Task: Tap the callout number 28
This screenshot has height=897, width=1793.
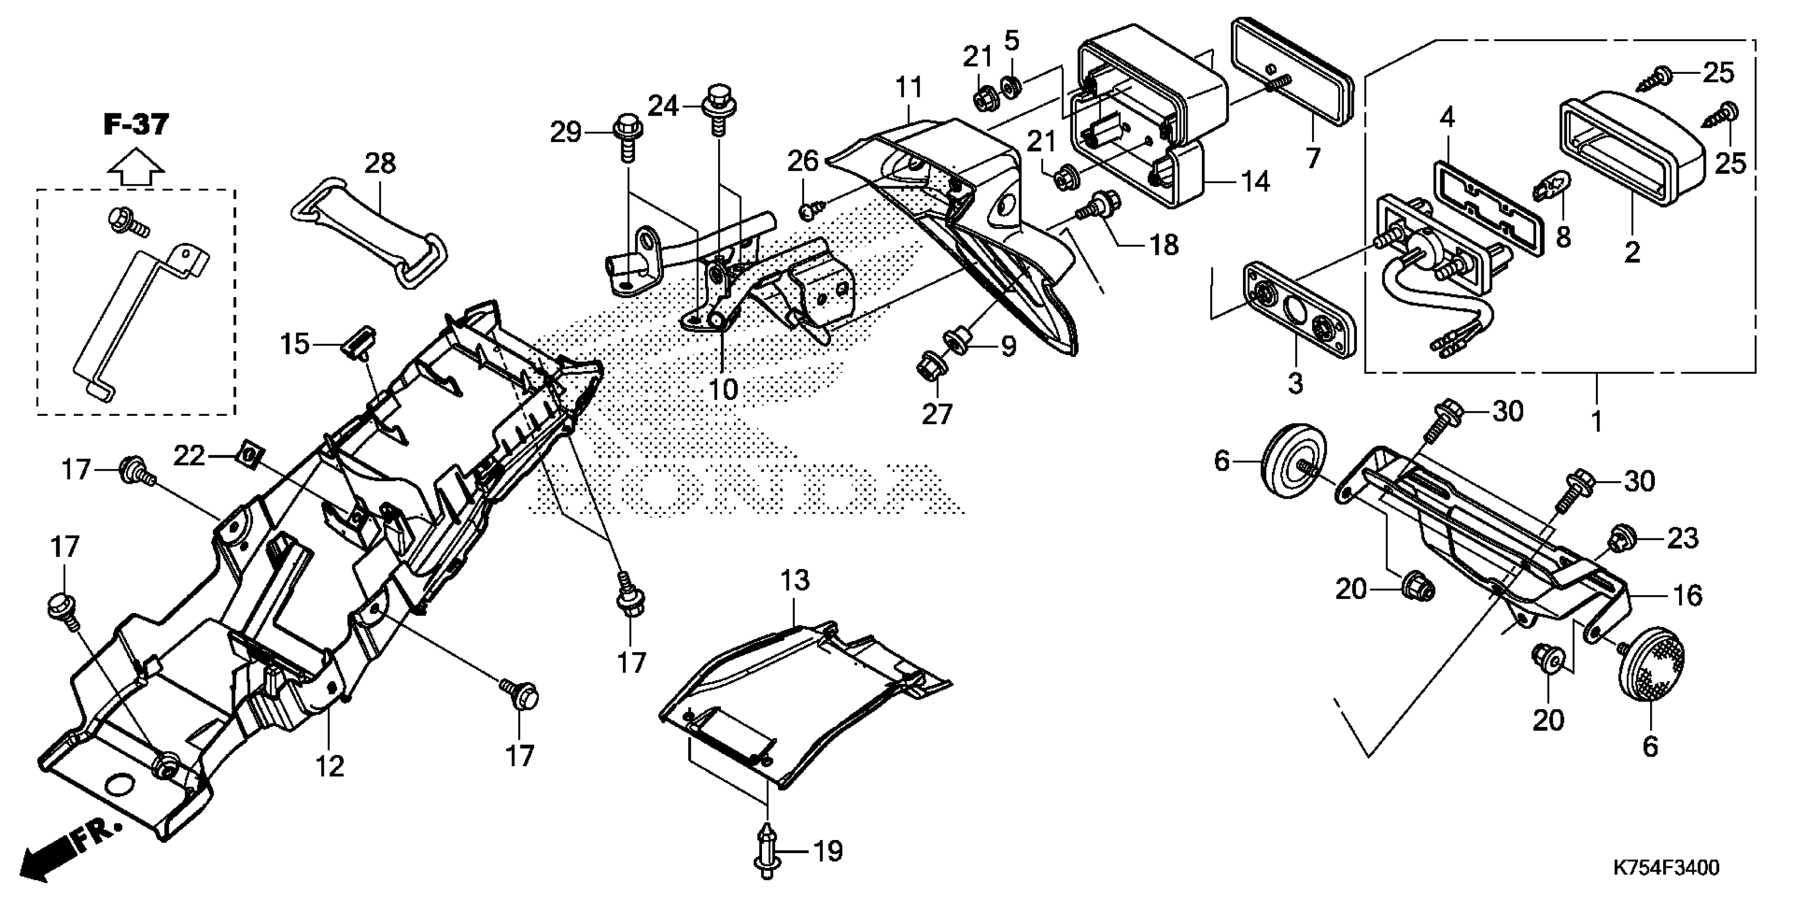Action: tap(380, 164)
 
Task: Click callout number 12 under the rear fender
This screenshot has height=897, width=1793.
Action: tap(330, 767)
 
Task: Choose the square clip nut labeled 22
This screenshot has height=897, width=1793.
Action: tap(250, 455)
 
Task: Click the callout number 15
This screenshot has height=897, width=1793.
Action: tap(294, 344)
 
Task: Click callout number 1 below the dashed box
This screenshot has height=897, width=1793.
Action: tap(1597, 422)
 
